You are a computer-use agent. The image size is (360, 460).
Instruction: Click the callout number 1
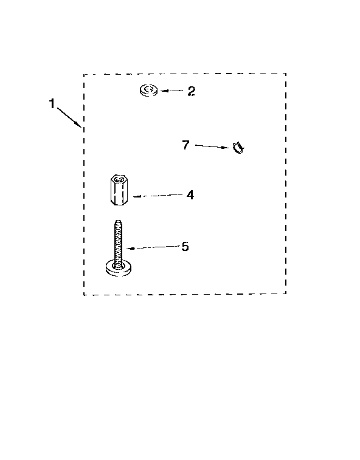pyautogui.click(x=52, y=103)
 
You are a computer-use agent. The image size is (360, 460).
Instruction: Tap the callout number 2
pyautogui.click(x=191, y=91)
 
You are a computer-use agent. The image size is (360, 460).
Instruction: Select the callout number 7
pyautogui.click(x=185, y=145)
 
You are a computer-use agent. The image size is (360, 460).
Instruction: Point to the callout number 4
pyautogui.click(x=190, y=195)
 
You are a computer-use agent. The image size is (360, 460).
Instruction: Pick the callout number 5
pyautogui.click(x=185, y=247)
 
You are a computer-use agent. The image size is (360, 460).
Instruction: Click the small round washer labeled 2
pyautogui.click(x=148, y=90)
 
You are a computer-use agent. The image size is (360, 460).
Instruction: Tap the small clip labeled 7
pyautogui.click(x=238, y=147)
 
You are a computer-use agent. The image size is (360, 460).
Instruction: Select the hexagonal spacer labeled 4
pyautogui.click(x=119, y=190)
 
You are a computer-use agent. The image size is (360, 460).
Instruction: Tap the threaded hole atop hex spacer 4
pyautogui.click(x=119, y=179)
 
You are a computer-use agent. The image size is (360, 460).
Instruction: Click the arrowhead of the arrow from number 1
pyautogui.click(x=79, y=125)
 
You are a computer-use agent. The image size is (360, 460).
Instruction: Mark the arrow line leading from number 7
pyautogui.click(x=212, y=146)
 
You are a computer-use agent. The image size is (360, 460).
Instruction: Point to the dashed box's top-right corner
pyautogui.click(x=286, y=74)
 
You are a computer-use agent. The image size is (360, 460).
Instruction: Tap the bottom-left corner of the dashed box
pyautogui.click(x=84, y=295)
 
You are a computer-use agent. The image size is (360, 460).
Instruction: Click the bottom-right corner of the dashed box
pyautogui.click(x=286, y=293)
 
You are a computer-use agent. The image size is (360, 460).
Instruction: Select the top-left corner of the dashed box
pyautogui.click(x=84, y=75)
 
